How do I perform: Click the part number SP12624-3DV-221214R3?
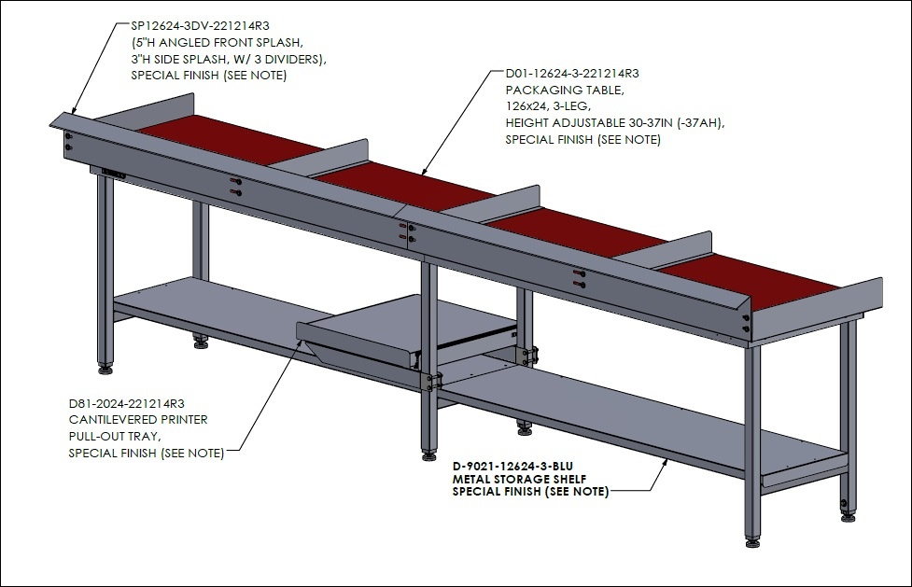pos(200,25)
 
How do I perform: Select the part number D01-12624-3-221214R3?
pos(572,74)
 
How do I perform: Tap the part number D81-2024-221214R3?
pos(127,403)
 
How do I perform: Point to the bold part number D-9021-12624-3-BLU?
pos(513,467)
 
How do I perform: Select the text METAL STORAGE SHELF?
pos(519,480)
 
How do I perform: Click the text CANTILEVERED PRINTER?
pos(138,419)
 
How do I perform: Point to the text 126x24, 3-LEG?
pos(548,107)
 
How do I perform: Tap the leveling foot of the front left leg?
pos(105,369)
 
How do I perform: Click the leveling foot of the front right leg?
pos(752,542)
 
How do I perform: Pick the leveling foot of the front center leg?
pos(429,454)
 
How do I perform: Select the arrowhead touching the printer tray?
pos(300,343)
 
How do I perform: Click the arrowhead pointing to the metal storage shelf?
pos(665,463)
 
